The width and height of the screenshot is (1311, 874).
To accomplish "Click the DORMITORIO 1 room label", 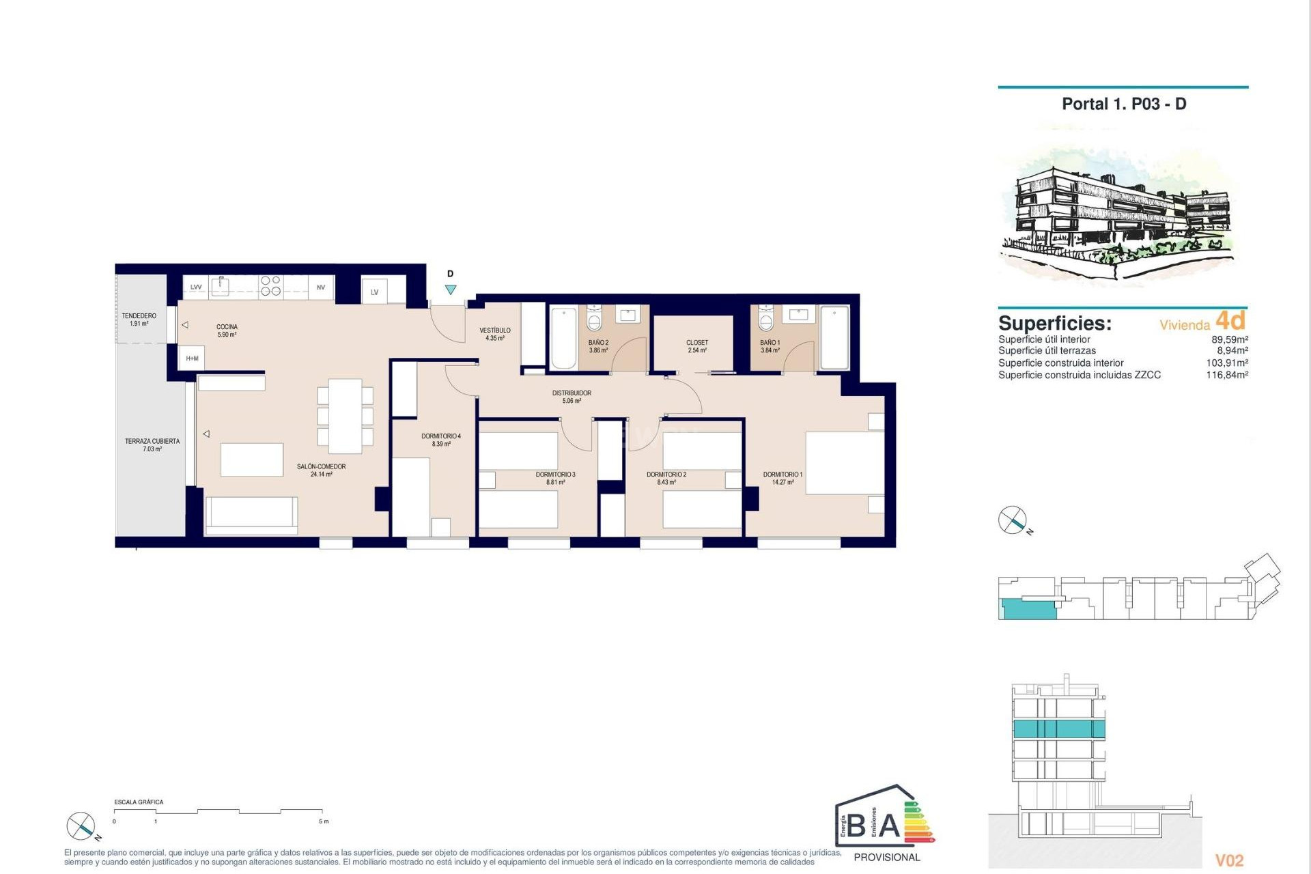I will click(783, 478).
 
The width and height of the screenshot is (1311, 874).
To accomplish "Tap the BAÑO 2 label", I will click(598, 346).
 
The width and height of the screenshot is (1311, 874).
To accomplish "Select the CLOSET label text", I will click(697, 343).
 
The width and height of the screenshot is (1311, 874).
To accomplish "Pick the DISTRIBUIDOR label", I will click(572, 393).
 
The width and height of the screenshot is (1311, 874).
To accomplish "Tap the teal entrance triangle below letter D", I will click(451, 290).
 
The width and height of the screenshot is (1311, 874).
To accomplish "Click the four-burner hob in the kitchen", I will click(270, 286).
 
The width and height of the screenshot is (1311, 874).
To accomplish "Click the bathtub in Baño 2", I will click(563, 339).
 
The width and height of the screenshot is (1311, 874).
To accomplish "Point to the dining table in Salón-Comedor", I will click(346, 416).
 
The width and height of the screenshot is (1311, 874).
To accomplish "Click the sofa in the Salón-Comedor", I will click(251, 516).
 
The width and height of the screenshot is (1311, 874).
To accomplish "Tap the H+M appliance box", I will click(192, 358).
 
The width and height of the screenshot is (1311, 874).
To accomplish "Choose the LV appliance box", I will click(375, 292).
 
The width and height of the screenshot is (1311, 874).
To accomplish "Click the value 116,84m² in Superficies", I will click(1227, 375).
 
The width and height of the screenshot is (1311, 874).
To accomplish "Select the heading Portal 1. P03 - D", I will click(1124, 104).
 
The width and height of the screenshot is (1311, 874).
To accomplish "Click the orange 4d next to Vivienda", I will click(1231, 320).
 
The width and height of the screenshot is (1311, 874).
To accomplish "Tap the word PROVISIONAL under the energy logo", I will click(887, 858).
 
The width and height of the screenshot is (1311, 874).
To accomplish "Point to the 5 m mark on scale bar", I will click(324, 821).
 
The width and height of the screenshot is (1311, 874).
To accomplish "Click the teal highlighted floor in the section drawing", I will click(1058, 729).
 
